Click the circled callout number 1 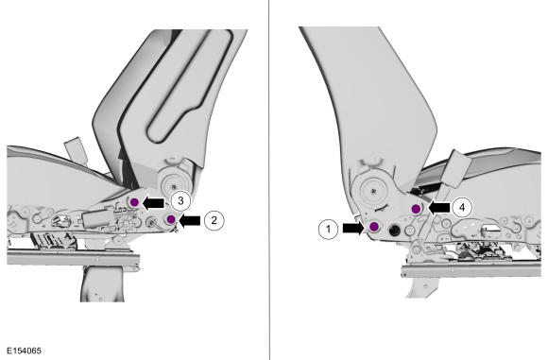click(x=328, y=229)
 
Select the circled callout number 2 click(x=214, y=220)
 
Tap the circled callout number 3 click(x=180, y=201)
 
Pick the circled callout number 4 click(x=462, y=208)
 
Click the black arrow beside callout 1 click(x=353, y=229)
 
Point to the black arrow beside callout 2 click(x=189, y=220)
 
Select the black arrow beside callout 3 click(x=153, y=203)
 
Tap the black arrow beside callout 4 click(x=439, y=208)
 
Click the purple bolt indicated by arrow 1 click(x=374, y=227)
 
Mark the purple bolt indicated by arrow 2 click(x=171, y=219)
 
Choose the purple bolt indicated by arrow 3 click(x=134, y=202)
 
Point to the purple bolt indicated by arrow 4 click(x=416, y=209)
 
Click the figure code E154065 click(x=25, y=351)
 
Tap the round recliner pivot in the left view click(x=174, y=182)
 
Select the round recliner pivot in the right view click(x=374, y=191)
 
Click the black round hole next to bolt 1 click(x=394, y=230)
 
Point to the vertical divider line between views click(x=269, y=180)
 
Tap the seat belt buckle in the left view click(x=76, y=149)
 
